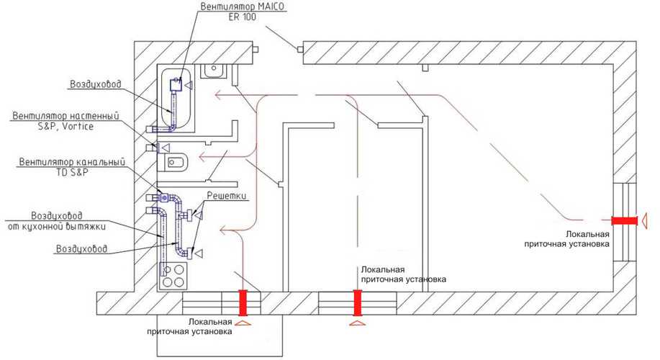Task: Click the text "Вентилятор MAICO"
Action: click(242, 6)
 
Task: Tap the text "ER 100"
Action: click(242, 17)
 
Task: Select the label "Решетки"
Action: click(227, 197)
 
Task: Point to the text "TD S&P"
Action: click(73, 172)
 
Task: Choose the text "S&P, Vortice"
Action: click(65, 126)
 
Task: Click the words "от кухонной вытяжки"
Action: click(57, 227)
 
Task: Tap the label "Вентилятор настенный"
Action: click(65, 116)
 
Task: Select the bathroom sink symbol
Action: click(214, 71)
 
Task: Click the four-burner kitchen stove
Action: click(173, 275)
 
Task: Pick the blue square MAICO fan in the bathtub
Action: click(176, 86)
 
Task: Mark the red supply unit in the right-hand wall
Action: click(624, 221)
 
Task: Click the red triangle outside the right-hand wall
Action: click(644, 221)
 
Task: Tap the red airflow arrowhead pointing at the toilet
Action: click(202, 157)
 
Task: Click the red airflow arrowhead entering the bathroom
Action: click(218, 95)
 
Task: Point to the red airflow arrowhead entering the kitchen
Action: click(223, 230)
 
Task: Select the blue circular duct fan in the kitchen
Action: click(163, 197)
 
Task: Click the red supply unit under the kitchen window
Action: click(243, 302)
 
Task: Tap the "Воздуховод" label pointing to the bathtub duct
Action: click(96, 84)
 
